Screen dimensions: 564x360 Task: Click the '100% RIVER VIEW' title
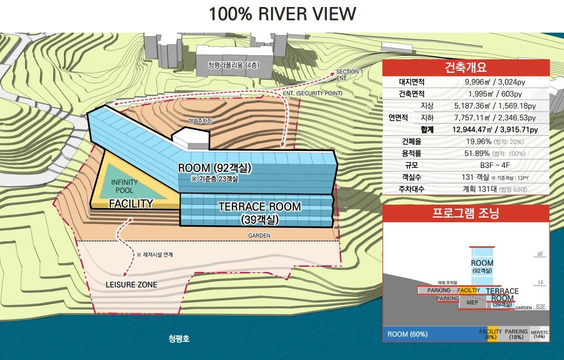[282, 14]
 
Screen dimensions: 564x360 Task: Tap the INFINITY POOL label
[124, 186]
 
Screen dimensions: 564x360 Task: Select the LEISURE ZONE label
[131, 285]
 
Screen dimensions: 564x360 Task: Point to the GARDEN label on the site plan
[259, 235]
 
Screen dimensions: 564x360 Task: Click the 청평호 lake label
[179, 338]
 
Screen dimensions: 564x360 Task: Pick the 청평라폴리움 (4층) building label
[233, 65]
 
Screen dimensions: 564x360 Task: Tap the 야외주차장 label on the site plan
[200, 121]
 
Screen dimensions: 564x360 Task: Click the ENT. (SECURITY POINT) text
[312, 93]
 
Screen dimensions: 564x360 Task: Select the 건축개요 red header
[466, 67]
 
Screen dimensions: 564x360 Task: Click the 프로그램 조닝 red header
[466, 213]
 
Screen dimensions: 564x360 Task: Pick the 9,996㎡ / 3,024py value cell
[495, 82]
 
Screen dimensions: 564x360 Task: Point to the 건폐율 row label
[412, 142]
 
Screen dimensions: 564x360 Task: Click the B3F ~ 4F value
[495, 165]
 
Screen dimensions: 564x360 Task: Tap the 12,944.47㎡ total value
[472, 130]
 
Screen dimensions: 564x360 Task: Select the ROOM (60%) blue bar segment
[432, 334]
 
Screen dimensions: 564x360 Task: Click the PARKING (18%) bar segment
[516, 334]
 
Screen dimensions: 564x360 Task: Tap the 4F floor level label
[540, 254]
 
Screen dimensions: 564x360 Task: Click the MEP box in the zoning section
[472, 303]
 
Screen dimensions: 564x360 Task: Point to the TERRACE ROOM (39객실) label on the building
[259, 212]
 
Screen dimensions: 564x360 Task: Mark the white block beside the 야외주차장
[191, 139]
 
